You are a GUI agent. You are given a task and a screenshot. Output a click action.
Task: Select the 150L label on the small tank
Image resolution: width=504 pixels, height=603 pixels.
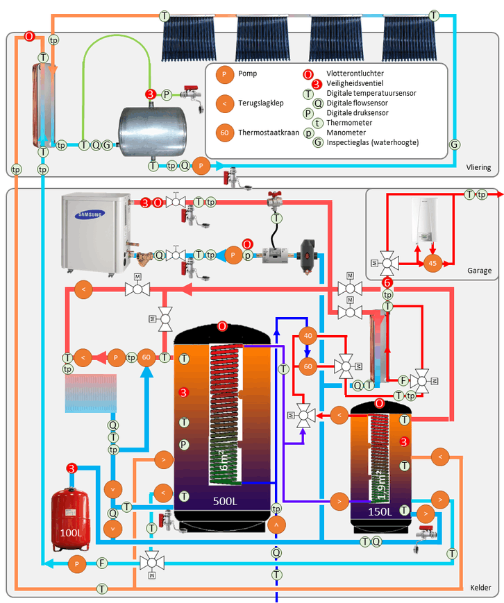click(x=380, y=511)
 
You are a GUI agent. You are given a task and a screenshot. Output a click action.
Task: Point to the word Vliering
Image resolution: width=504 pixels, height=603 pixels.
click(x=478, y=167)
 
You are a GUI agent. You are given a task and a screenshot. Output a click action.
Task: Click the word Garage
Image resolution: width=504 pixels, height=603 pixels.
click(x=479, y=271)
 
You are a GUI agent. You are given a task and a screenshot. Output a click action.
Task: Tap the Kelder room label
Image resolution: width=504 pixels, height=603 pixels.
click(x=480, y=588)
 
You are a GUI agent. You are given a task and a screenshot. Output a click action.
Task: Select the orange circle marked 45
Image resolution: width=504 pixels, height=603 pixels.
click(x=433, y=264)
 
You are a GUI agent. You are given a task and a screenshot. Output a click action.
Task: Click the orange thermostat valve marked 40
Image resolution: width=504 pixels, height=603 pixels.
click(x=308, y=337)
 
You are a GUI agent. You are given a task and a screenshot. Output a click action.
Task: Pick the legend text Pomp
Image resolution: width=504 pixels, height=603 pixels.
click(x=247, y=73)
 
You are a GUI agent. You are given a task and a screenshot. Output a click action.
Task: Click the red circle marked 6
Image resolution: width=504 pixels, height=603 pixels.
click(x=387, y=282)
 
